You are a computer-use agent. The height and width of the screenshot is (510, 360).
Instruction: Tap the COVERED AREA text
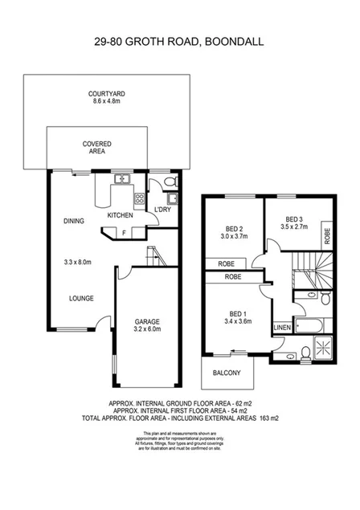(x=96, y=147)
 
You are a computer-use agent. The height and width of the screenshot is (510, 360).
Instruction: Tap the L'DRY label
(x=162, y=210)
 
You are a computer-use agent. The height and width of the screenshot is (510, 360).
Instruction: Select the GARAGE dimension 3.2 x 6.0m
(x=147, y=328)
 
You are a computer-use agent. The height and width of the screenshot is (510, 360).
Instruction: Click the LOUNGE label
(x=80, y=298)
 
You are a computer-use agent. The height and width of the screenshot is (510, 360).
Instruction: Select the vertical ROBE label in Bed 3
(x=326, y=236)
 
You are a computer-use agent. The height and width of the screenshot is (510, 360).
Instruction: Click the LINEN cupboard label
(x=281, y=328)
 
